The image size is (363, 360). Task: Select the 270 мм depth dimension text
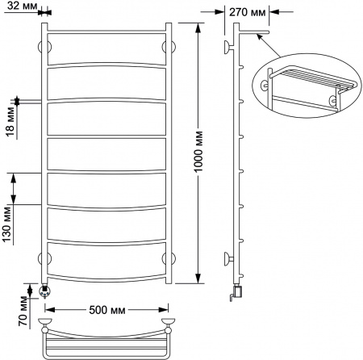pyautogui.click(x=248, y=12)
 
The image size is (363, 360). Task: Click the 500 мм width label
pyautogui.click(x=106, y=309)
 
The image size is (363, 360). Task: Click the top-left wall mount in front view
pyautogui.click(x=45, y=47)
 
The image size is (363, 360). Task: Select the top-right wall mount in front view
pyautogui.click(x=168, y=47)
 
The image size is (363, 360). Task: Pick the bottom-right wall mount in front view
pyautogui.click(x=168, y=258)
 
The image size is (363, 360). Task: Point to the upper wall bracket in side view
pyautogui.click(x=230, y=45)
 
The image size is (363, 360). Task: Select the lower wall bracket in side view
pyautogui.click(x=230, y=259)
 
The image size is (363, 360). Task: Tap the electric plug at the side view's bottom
pyautogui.click(x=236, y=293)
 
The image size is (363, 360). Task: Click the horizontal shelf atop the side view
pyautogui.click(x=251, y=34)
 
